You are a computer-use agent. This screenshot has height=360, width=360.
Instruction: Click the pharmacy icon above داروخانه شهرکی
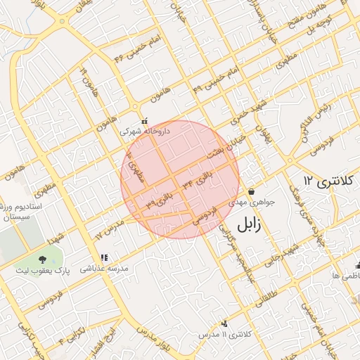[144, 121]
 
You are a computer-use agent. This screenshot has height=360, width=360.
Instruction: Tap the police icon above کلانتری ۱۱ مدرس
[224, 323]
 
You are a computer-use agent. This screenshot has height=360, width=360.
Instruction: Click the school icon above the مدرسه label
[104, 258]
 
